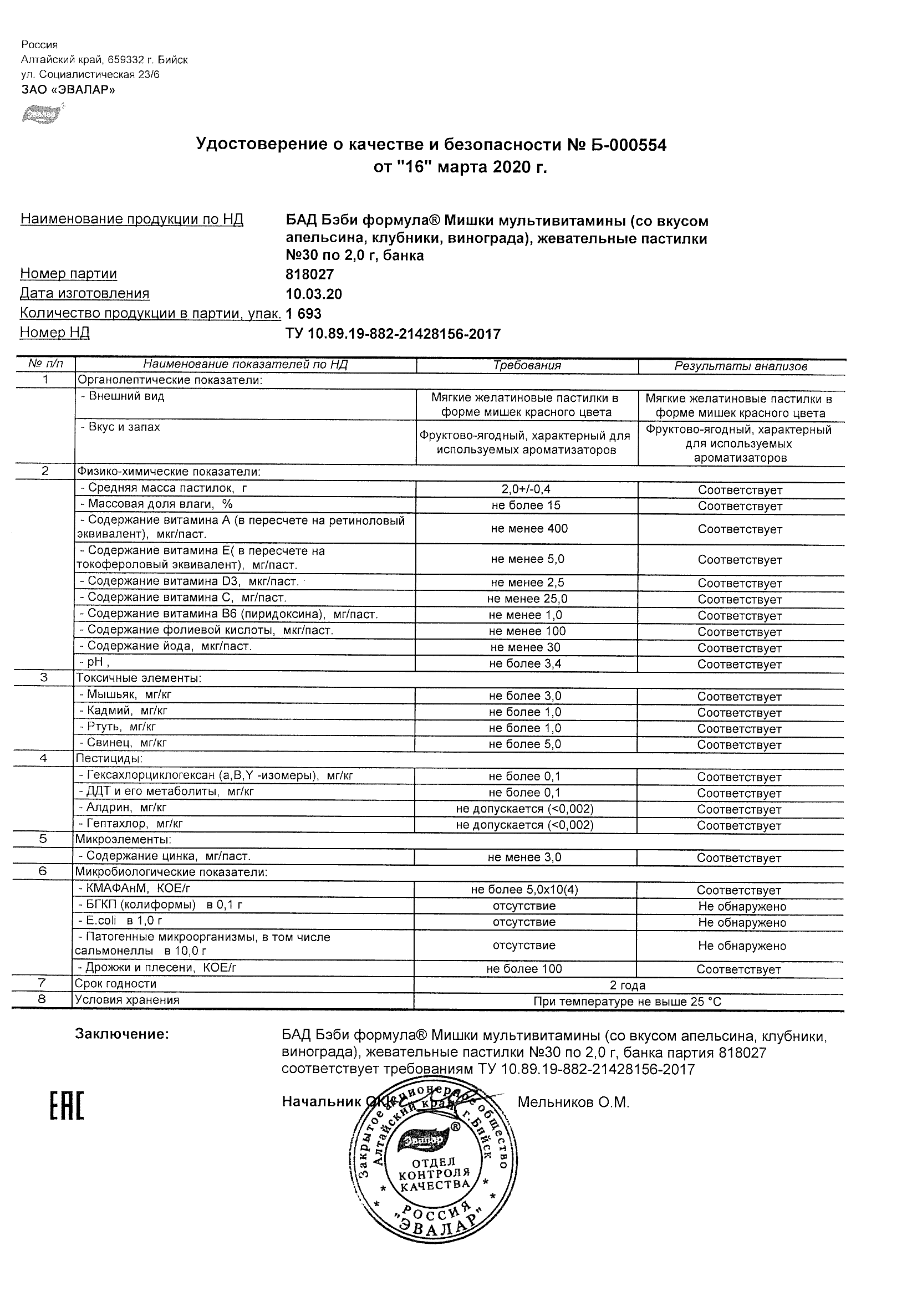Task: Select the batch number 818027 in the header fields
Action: click(x=309, y=274)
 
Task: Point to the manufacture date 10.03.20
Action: click(x=314, y=294)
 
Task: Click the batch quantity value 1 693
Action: click(x=303, y=313)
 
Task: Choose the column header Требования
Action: click(x=527, y=365)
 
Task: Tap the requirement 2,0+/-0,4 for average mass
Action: click(x=526, y=489)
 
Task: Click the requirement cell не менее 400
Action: click(x=529, y=529)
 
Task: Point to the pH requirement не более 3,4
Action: click(x=525, y=664)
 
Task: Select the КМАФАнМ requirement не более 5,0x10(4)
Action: click(x=524, y=890)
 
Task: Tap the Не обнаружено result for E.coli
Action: click(x=741, y=922)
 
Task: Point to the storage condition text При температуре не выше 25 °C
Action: click(x=627, y=1002)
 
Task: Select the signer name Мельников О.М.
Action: click(x=573, y=1102)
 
